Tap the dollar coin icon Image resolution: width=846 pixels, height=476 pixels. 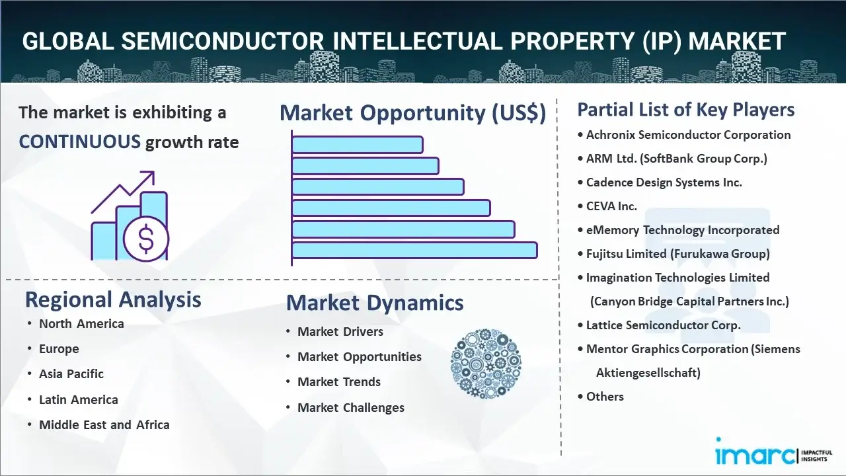[146, 239]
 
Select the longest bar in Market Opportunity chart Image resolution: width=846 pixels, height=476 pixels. [414, 250]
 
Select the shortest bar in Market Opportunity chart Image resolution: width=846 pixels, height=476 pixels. [357, 144]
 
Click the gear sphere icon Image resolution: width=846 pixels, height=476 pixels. [486, 364]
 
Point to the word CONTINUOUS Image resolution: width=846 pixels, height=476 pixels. [79, 141]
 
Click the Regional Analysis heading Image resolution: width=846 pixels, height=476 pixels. [113, 299]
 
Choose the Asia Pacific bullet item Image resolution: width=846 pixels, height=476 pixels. [71, 374]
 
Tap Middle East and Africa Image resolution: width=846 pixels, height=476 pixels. [104, 424]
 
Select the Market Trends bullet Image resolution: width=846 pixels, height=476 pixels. [338, 381]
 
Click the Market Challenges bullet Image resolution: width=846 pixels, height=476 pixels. [350, 407]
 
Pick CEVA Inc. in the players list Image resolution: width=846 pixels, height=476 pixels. [611, 206]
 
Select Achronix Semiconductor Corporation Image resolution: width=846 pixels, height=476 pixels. [688, 134]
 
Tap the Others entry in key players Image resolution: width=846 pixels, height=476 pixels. [604, 396]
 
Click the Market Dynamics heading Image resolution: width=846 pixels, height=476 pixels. [375, 303]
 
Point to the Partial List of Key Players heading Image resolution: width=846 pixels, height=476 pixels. [686, 109]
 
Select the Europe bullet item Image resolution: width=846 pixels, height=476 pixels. [58, 348]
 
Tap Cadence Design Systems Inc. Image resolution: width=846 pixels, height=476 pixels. [664, 182]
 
